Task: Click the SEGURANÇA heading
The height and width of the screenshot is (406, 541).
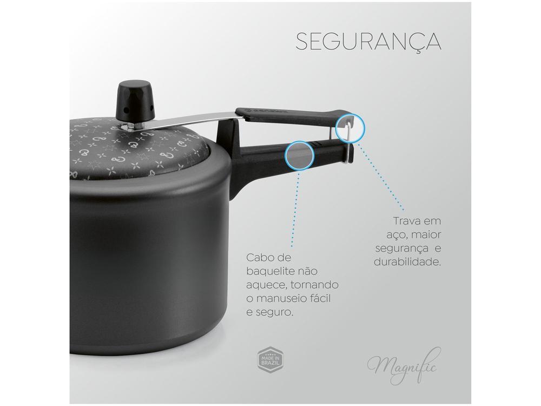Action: [x=368, y=42]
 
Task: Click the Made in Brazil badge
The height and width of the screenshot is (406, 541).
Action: [x=270, y=361]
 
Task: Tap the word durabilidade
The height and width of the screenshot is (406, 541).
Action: [x=407, y=261]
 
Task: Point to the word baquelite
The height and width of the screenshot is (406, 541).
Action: [x=272, y=271]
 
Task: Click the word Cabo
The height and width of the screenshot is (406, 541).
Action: [x=259, y=257]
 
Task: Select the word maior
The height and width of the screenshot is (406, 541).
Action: [x=426, y=235]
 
